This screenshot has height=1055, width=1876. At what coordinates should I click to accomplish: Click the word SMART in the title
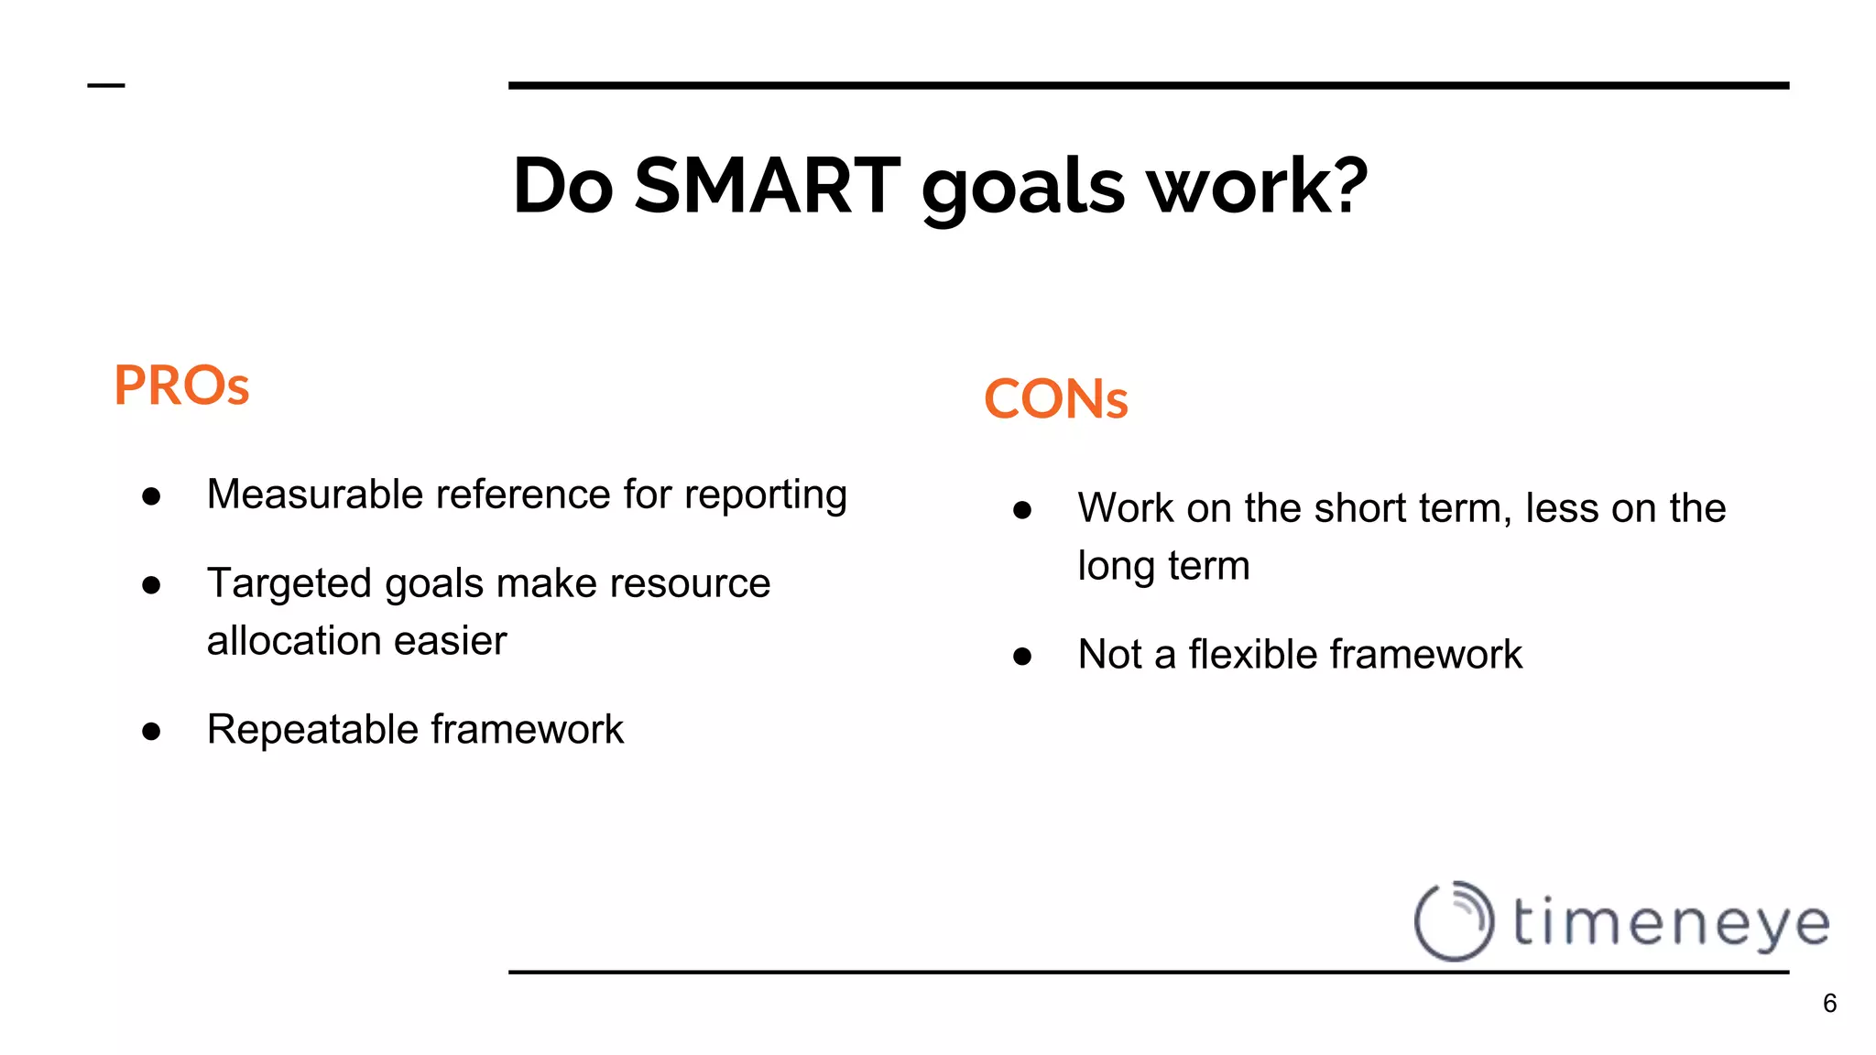click(x=768, y=186)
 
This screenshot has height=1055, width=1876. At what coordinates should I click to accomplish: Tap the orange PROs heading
click(x=181, y=386)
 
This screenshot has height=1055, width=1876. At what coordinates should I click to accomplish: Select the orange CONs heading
click(x=1055, y=399)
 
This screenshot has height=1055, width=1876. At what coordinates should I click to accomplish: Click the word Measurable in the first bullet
click(x=314, y=495)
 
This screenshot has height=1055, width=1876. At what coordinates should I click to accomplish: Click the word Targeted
click(x=289, y=584)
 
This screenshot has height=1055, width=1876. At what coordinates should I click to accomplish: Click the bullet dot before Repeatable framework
click(x=152, y=731)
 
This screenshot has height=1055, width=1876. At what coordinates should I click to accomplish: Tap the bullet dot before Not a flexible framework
click(x=1022, y=656)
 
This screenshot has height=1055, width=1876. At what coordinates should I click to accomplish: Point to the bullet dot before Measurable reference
click(x=152, y=496)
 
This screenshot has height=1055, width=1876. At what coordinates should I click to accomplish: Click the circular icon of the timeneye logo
click(x=1454, y=920)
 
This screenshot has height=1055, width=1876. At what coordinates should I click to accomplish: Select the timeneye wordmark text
click(x=1671, y=923)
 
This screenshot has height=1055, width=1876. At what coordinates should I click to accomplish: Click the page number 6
click(x=1829, y=1004)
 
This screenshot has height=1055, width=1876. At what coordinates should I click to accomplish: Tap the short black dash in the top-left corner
click(x=106, y=86)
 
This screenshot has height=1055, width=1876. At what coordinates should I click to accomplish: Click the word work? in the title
click(x=1257, y=186)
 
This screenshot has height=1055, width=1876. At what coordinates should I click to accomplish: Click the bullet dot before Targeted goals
click(x=152, y=584)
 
